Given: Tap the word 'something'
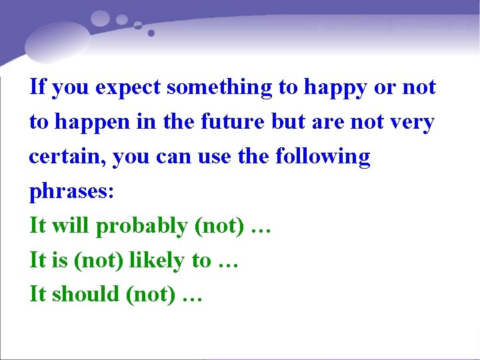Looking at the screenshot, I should (220, 87).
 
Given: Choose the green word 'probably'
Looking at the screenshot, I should (143, 227).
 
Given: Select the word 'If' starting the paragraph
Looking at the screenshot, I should (37, 87).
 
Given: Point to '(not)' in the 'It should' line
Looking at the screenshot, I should (151, 295).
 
